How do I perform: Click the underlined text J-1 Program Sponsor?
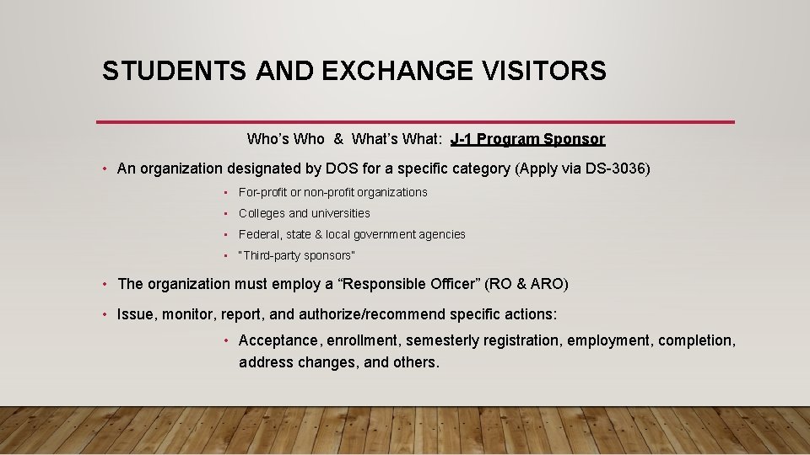tap(527, 138)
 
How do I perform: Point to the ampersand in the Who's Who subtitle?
tap(337, 138)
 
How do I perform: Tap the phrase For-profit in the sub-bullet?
tap(262, 192)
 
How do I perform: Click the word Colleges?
tap(262, 213)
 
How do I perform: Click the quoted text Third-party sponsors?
tap(297, 255)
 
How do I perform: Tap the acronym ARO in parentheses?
tap(548, 284)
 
